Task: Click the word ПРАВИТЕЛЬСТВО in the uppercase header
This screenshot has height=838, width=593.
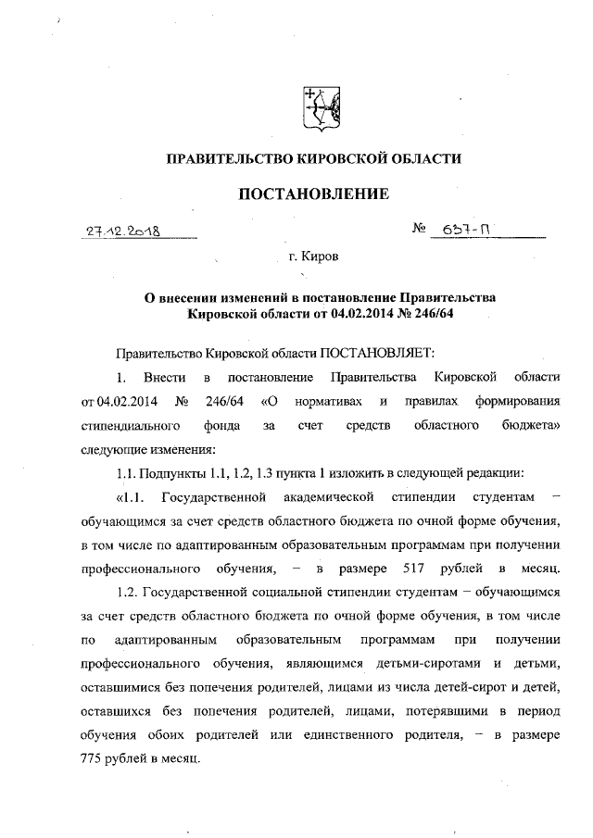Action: click(x=225, y=159)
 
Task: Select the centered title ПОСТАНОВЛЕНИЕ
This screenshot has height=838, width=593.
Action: click(x=312, y=194)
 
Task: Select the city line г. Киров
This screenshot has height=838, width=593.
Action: click(x=312, y=254)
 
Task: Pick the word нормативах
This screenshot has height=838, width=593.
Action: click(x=329, y=402)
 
